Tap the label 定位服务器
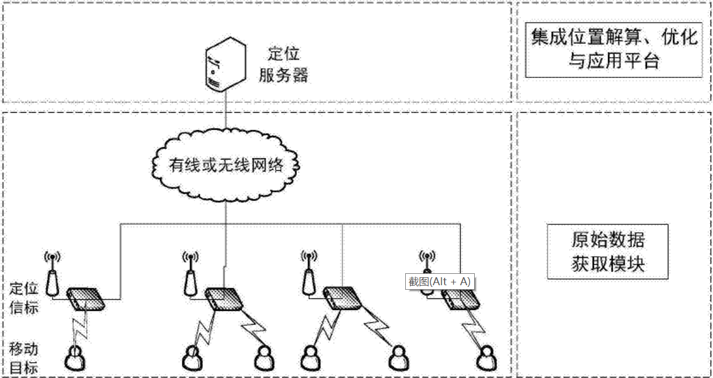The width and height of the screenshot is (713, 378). (283, 64)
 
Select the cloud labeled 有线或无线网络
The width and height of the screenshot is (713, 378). (226, 165)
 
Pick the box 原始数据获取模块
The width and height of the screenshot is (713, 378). (608, 251)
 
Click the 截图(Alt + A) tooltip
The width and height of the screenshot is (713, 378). (439, 281)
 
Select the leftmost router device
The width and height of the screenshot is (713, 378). (86, 299)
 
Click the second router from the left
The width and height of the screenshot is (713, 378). (224, 299)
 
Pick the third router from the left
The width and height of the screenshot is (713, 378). (341, 299)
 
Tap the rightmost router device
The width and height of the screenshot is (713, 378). (460, 299)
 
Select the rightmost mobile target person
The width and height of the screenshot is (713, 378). (486, 358)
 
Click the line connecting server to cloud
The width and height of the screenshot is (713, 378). (225, 114)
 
